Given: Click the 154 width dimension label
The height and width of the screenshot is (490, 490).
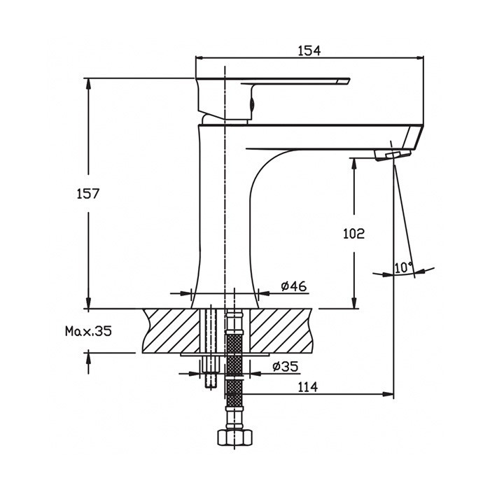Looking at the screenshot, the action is point(309,50).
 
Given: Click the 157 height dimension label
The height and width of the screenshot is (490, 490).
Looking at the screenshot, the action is point(88,194).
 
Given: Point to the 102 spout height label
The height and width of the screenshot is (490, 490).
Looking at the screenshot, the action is point(353,233).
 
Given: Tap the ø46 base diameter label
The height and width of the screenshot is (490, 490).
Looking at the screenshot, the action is point(294,286).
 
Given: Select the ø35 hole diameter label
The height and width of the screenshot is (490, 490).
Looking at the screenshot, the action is point(286,366).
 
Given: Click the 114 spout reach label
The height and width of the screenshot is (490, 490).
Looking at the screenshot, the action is point(307,387).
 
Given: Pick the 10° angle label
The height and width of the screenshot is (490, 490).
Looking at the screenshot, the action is point(403,267).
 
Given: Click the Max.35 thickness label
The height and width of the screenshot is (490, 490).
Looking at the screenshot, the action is point(88,331).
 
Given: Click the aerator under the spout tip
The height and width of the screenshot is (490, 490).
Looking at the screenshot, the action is point(392,155).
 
